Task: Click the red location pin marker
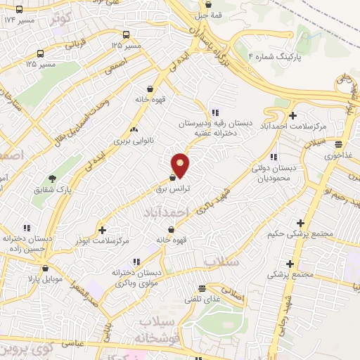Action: (181, 165)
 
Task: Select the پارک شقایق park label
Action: (55, 190)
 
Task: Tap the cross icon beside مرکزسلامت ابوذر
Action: (103, 229)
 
